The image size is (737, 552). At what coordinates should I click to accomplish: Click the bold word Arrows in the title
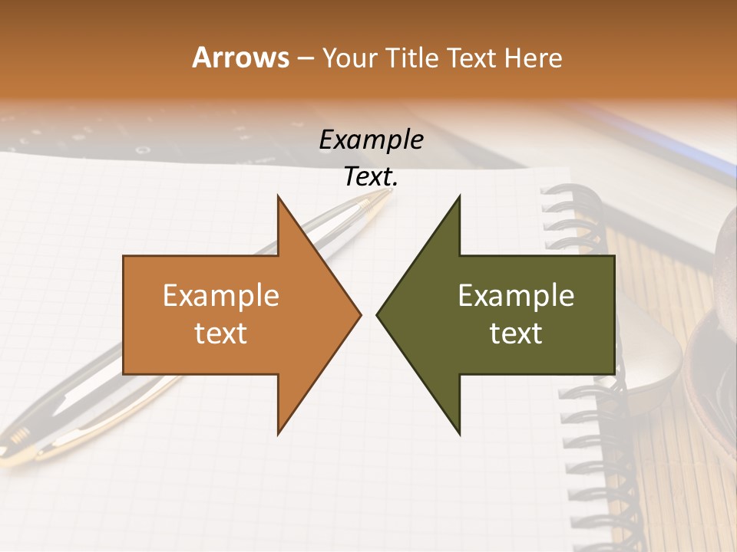point(240,58)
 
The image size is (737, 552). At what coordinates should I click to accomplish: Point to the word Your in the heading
point(349,58)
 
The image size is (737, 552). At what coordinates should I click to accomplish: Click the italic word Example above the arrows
point(371,140)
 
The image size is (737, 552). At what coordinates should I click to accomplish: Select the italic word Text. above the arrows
point(371,177)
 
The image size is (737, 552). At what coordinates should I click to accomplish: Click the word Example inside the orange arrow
point(221,295)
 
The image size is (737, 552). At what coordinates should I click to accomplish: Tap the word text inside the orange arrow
point(221,333)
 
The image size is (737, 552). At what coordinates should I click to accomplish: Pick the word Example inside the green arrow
point(516,295)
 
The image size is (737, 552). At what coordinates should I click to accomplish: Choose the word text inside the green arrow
point(516,333)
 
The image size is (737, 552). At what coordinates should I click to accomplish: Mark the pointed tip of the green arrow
point(378,314)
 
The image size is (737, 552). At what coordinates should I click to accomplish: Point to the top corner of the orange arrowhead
point(278,196)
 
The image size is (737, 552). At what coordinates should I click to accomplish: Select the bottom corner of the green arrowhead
point(459,434)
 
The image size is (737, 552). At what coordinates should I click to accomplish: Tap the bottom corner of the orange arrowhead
point(278,434)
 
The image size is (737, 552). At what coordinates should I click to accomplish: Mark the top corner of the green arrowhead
point(459,196)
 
